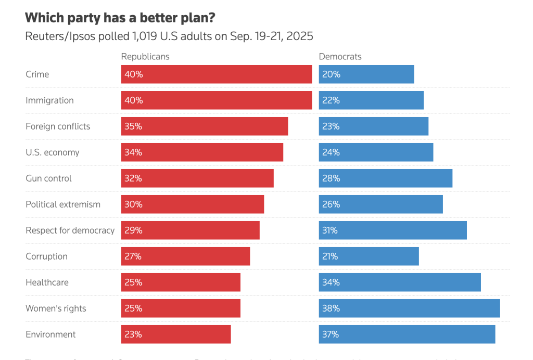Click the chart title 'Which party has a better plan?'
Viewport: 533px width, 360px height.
(x=120, y=17)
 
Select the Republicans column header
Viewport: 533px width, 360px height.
(x=145, y=57)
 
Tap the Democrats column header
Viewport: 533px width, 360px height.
(x=340, y=57)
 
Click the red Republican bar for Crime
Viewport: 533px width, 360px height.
(x=217, y=74)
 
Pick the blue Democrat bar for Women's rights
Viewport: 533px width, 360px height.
(x=409, y=308)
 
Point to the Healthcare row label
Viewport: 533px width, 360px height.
(x=47, y=282)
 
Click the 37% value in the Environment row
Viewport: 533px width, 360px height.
(x=331, y=335)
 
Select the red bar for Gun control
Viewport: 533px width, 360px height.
(x=197, y=178)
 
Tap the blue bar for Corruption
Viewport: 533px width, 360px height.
(x=369, y=256)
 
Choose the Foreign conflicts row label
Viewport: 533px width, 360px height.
(x=58, y=126)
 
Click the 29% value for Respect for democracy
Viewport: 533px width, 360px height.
(x=133, y=230)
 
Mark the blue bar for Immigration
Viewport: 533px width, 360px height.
(x=371, y=100)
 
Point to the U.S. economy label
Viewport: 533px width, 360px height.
(x=53, y=152)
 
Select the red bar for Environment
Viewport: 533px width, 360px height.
(x=176, y=335)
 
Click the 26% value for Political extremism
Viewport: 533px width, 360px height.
(x=331, y=204)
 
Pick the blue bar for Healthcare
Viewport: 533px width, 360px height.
(x=400, y=282)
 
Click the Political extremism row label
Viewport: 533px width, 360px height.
(x=63, y=204)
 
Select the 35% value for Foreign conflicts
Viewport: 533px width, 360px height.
(x=133, y=126)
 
